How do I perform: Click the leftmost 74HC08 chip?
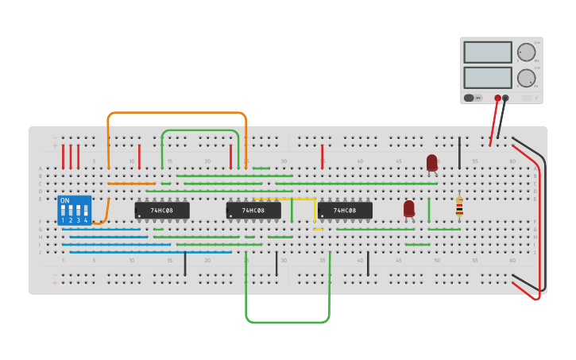(x=162, y=211)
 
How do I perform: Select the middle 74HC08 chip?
(x=253, y=211)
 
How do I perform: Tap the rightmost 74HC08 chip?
(x=345, y=211)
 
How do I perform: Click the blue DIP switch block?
(x=75, y=211)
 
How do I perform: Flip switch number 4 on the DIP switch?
(x=86, y=212)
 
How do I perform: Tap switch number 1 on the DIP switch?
(x=64, y=212)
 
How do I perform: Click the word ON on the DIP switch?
(x=65, y=200)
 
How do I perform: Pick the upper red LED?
(x=432, y=162)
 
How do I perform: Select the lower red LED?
(x=409, y=207)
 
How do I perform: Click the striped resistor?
(x=459, y=207)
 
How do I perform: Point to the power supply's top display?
(x=487, y=52)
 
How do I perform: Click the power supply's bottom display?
(x=487, y=77)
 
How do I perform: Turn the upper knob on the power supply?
(x=526, y=52)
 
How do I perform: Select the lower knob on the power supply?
(x=526, y=78)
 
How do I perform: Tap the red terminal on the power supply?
(x=497, y=99)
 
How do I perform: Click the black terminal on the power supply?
(x=505, y=99)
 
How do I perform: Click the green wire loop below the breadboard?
(x=288, y=322)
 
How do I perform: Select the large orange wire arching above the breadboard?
(x=176, y=113)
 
